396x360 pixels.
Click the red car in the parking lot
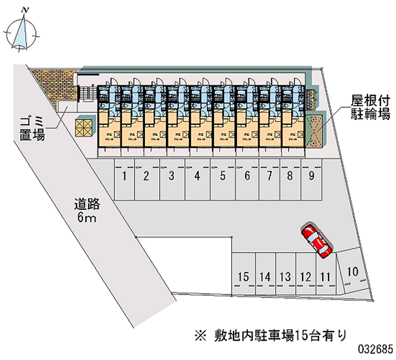pos(315,241)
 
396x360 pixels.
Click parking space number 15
pos(243,277)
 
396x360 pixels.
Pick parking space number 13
pos(285,277)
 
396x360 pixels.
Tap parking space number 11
pos(325,277)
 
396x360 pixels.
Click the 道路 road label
pos(88,204)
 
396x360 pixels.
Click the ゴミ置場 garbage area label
pos(32,127)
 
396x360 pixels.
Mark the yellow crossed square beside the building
pos(84,127)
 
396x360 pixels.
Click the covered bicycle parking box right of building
pos(314,131)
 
